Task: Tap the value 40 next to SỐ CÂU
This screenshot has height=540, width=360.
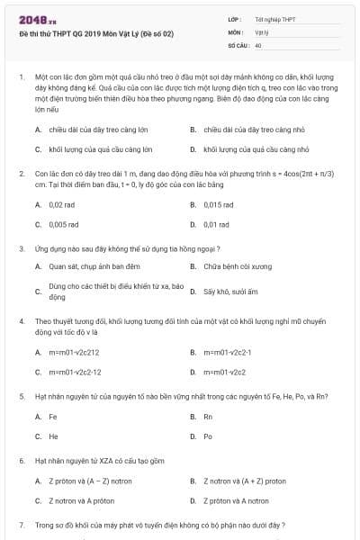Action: point(258,44)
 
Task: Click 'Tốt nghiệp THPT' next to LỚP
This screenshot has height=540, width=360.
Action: point(274,19)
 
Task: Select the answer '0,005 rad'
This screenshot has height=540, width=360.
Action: point(64,224)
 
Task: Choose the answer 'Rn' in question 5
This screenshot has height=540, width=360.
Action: point(208,417)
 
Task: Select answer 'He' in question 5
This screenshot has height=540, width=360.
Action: point(53,436)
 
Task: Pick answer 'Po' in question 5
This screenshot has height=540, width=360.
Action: point(208,436)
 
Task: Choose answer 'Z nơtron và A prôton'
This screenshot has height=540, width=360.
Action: point(87,500)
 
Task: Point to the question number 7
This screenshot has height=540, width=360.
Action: point(20,524)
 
